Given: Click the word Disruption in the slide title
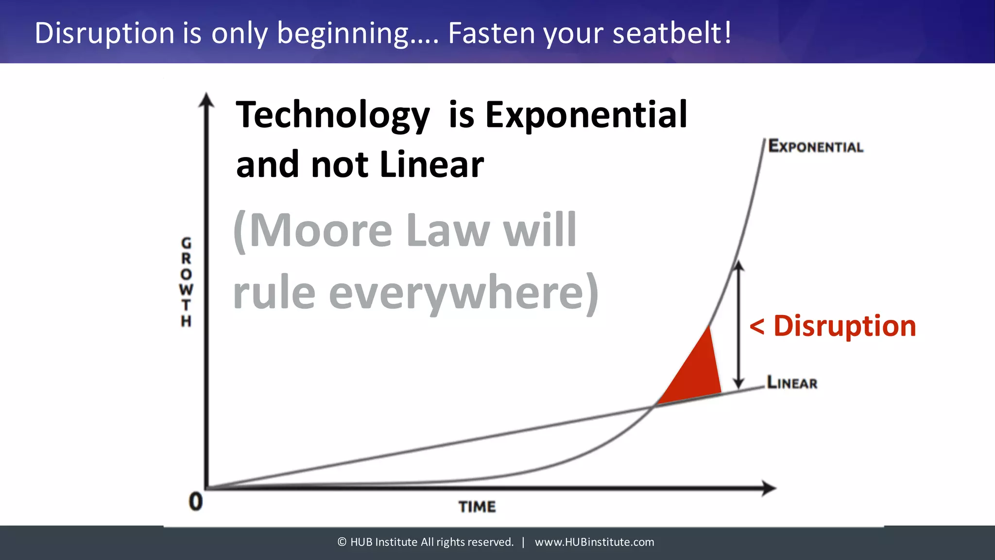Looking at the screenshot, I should point(104,33).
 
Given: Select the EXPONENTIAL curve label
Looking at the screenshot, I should point(816,146).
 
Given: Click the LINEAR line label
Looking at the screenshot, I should point(792,383).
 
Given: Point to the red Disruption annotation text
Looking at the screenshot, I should point(844,326).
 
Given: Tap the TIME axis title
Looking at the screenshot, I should point(477,507).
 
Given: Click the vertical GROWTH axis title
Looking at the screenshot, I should point(186,282).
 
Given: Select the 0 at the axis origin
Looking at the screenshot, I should point(195,502).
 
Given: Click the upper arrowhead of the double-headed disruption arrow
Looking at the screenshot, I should point(738,266).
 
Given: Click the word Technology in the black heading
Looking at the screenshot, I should point(333,115).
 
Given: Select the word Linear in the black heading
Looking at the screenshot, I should point(431,165).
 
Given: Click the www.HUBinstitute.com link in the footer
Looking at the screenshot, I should point(594,542).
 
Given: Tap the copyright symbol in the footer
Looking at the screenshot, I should point(342,542).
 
